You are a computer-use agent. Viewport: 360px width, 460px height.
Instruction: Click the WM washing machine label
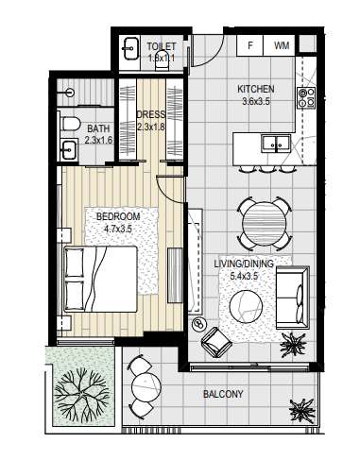[282, 44]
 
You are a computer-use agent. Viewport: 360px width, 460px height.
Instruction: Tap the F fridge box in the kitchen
[250, 44]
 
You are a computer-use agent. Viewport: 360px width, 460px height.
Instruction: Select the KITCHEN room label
[255, 90]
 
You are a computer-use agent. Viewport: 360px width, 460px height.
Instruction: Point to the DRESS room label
[150, 114]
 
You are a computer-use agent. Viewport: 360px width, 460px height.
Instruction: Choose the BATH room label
[98, 129]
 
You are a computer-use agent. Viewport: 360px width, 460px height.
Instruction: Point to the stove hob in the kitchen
[305, 94]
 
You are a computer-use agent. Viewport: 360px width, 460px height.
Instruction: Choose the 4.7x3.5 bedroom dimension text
[119, 228]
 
